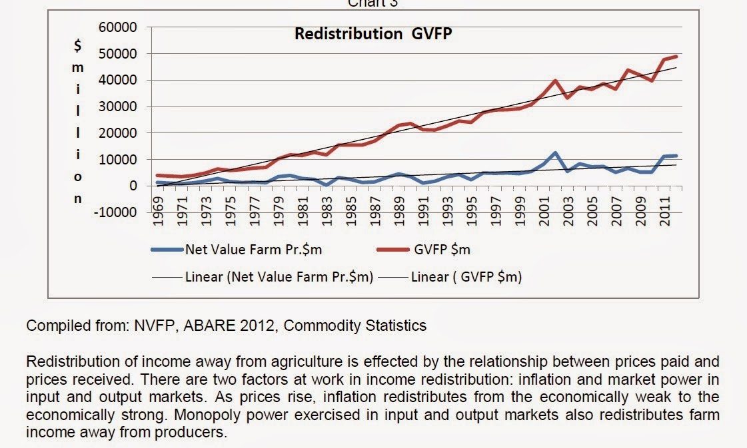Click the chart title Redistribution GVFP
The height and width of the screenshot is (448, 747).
click(x=373, y=34)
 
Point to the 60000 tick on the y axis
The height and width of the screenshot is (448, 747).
click(x=123, y=27)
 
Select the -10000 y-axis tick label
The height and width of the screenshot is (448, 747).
click(x=120, y=212)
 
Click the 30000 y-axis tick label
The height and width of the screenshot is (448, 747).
click(x=123, y=107)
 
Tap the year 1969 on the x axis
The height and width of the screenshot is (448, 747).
click(x=159, y=212)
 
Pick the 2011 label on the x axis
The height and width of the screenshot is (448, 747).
click(x=664, y=212)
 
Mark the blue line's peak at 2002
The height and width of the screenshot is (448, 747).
click(x=554, y=153)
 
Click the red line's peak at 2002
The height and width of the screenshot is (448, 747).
click(x=555, y=81)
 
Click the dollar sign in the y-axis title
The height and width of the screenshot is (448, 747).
click(x=79, y=45)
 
